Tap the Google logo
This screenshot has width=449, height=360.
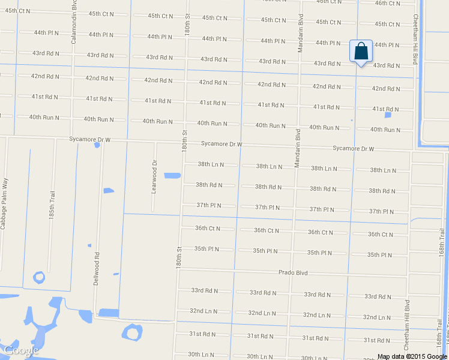[21, 350]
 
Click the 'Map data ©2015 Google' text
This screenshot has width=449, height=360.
[411, 356]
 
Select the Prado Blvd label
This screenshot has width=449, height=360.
[293, 272]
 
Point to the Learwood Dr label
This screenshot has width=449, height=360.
[154, 176]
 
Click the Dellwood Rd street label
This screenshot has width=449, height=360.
[96, 268]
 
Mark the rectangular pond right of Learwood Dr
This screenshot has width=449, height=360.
[172, 176]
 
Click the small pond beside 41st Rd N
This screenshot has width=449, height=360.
[388, 115]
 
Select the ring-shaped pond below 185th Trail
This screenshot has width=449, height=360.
[40, 277]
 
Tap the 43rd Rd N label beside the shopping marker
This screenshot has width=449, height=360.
[387, 65]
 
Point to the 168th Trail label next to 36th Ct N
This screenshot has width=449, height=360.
[442, 240]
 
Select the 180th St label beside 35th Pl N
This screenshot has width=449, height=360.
[179, 257]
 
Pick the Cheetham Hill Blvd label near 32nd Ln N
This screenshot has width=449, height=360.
[407, 325]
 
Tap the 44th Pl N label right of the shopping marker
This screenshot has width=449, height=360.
[387, 45]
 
